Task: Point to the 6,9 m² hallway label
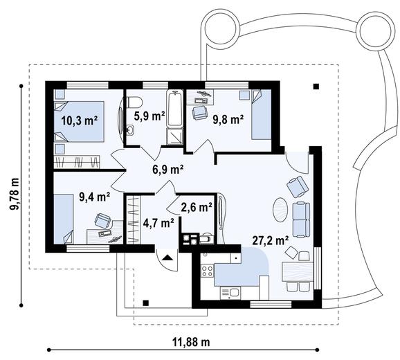[x=167, y=168]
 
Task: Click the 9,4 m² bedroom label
[x=94, y=196]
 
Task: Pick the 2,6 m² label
[x=196, y=206]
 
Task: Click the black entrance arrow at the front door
[x=167, y=257]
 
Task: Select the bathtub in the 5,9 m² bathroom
[x=176, y=118]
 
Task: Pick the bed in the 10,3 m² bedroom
[x=78, y=122]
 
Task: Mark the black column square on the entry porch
[x=146, y=303]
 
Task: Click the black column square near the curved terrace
[x=316, y=87]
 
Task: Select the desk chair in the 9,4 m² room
[x=102, y=221]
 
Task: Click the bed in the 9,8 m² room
[x=260, y=116]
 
